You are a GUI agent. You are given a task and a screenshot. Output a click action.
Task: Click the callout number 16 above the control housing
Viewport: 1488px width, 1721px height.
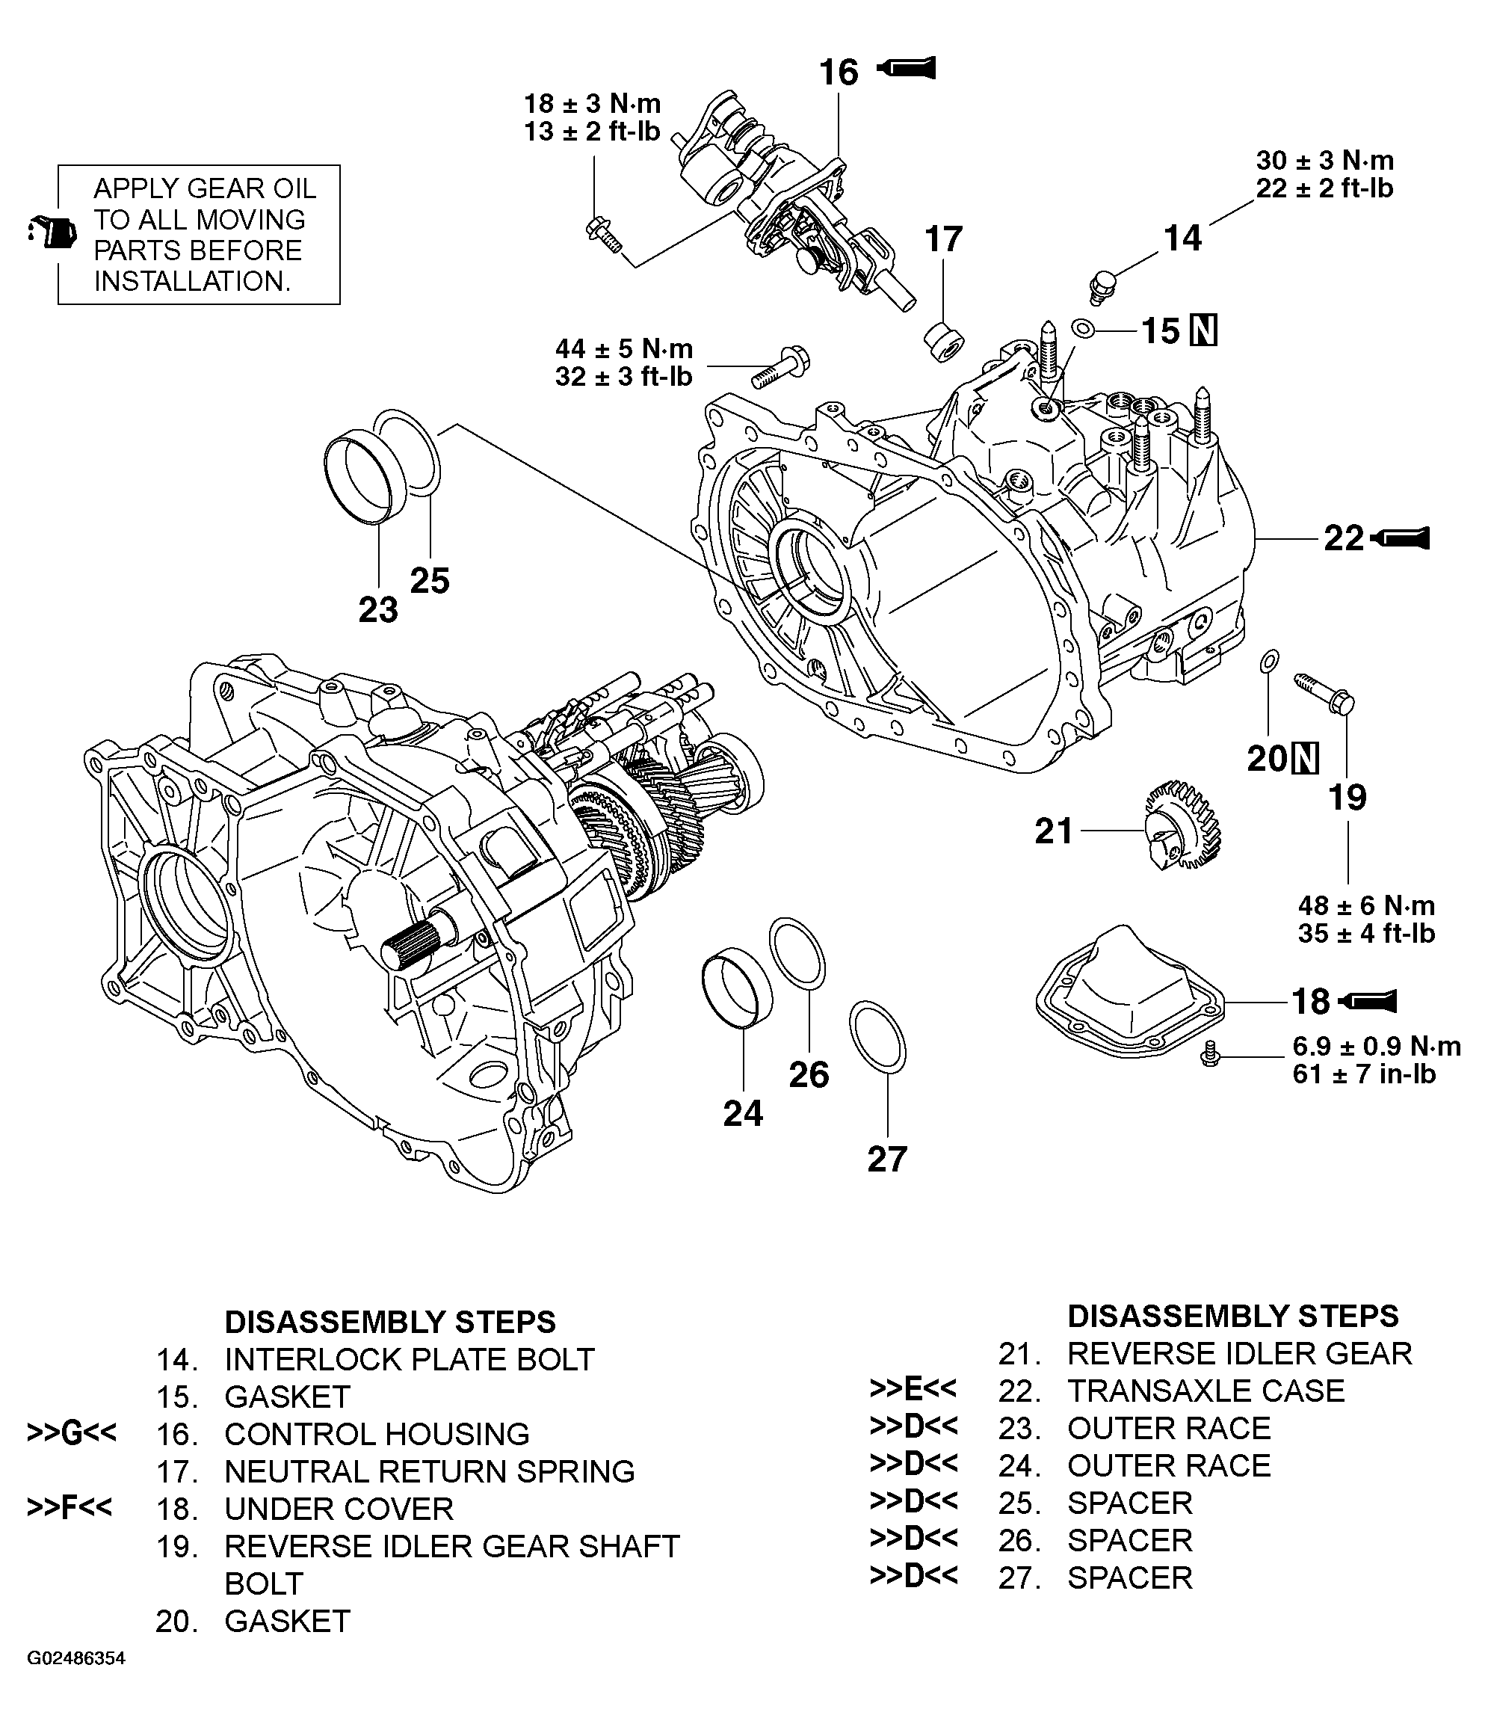click(838, 73)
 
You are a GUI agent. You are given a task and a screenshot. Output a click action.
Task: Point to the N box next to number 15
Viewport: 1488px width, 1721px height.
click(1203, 330)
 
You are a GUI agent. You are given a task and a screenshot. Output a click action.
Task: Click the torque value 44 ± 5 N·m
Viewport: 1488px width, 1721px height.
click(623, 348)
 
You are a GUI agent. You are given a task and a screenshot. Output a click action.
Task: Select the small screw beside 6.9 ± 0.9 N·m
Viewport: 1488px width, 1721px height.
click(1211, 1056)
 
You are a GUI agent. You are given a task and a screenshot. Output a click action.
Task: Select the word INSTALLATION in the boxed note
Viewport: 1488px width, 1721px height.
click(192, 282)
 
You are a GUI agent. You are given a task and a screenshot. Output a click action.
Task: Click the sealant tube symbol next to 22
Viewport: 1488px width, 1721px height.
click(1401, 538)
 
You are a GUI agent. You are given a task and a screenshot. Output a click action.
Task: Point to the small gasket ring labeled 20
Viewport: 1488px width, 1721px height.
click(1269, 661)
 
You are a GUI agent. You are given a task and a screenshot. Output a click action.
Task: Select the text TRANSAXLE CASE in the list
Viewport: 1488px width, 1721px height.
click(1205, 1391)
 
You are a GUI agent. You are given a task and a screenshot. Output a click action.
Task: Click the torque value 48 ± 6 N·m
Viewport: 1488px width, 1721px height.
click(1366, 905)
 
